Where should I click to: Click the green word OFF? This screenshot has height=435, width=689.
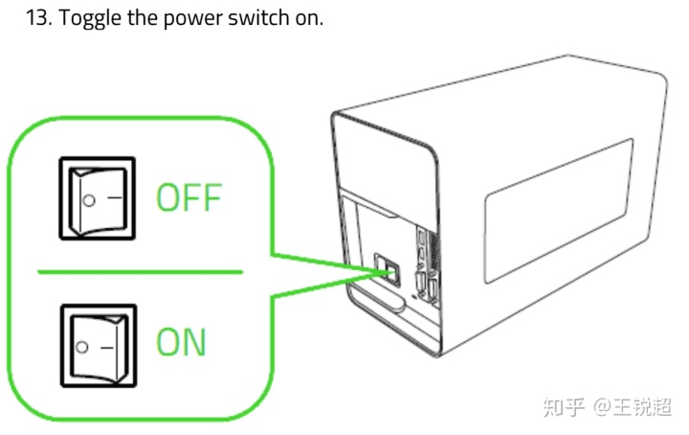point(189,198)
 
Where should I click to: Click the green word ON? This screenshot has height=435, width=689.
point(181,341)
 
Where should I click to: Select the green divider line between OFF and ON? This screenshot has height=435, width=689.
point(140,272)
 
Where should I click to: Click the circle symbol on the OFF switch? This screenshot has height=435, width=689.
point(88,200)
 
